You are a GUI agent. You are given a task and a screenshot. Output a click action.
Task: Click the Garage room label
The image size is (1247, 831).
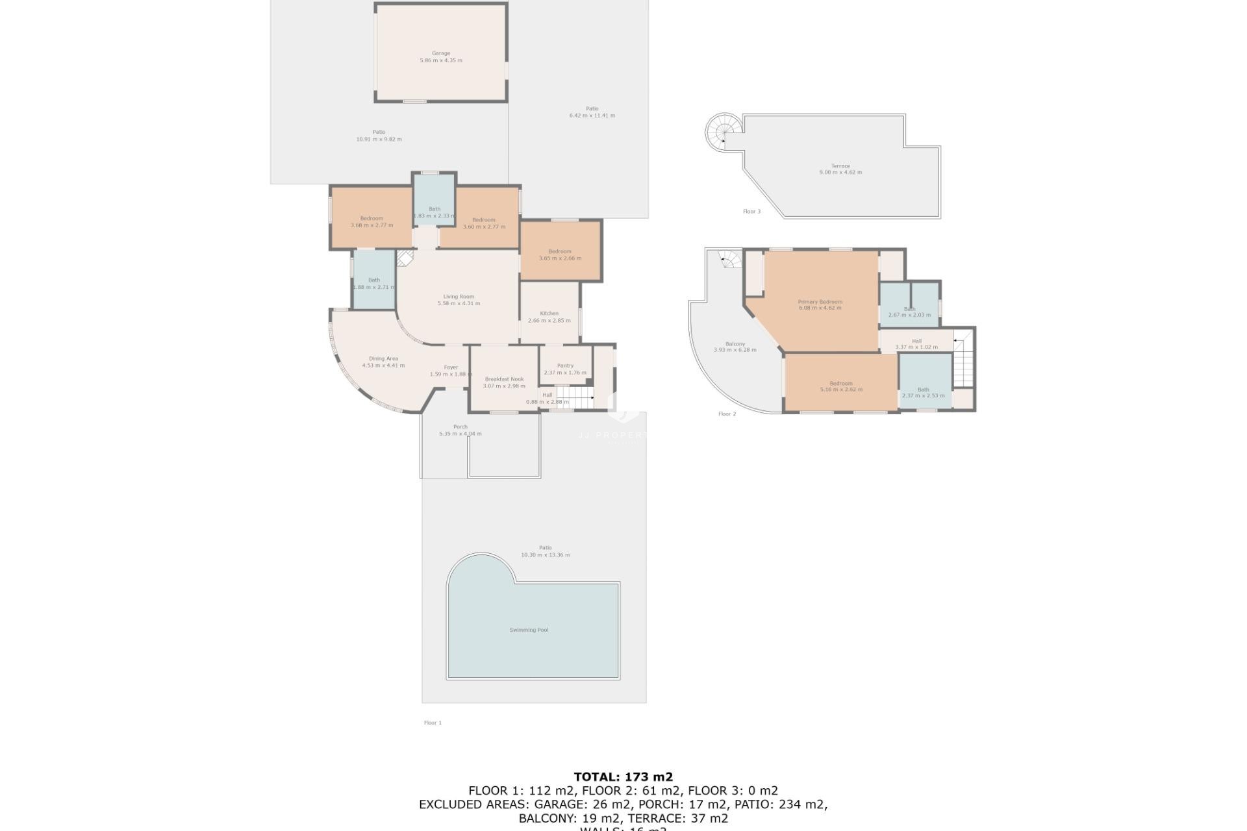(x=441, y=53)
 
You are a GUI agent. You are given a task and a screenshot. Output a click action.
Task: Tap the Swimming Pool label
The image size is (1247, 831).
(x=529, y=630)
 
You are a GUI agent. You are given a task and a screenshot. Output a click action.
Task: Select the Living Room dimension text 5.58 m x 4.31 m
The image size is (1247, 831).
(x=459, y=303)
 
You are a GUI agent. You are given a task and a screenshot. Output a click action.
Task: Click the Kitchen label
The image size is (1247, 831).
(x=549, y=313)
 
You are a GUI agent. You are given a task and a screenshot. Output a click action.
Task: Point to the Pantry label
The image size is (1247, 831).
(x=565, y=366)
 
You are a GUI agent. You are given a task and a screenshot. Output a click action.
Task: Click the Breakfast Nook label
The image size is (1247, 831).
(x=504, y=379)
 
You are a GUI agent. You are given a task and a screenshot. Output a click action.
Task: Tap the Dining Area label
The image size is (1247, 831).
(x=383, y=358)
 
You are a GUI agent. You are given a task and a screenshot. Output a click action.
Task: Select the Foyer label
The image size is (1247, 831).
(x=451, y=367)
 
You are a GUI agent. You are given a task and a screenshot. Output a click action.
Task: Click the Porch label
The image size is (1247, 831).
(x=460, y=427)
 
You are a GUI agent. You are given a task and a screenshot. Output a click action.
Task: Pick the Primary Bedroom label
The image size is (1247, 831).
(x=820, y=301)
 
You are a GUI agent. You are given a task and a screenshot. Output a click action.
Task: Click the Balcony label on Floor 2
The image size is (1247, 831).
(x=735, y=343)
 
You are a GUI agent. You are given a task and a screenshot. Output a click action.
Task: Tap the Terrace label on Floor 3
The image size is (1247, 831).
(x=840, y=166)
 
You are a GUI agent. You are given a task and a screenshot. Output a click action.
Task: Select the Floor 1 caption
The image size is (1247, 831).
(x=433, y=723)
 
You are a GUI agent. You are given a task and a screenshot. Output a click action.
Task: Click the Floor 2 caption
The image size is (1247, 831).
(x=727, y=414)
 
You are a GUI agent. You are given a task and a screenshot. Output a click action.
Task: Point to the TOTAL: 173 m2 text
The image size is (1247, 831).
(x=623, y=776)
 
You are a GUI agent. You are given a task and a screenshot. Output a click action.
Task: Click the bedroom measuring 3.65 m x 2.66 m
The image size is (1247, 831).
(x=560, y=254)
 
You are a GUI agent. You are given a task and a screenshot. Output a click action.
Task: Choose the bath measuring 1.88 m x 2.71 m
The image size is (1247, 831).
(x=374, y=284)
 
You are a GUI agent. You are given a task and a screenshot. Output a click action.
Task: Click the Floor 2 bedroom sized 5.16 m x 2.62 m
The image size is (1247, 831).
(x=840, y=386)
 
